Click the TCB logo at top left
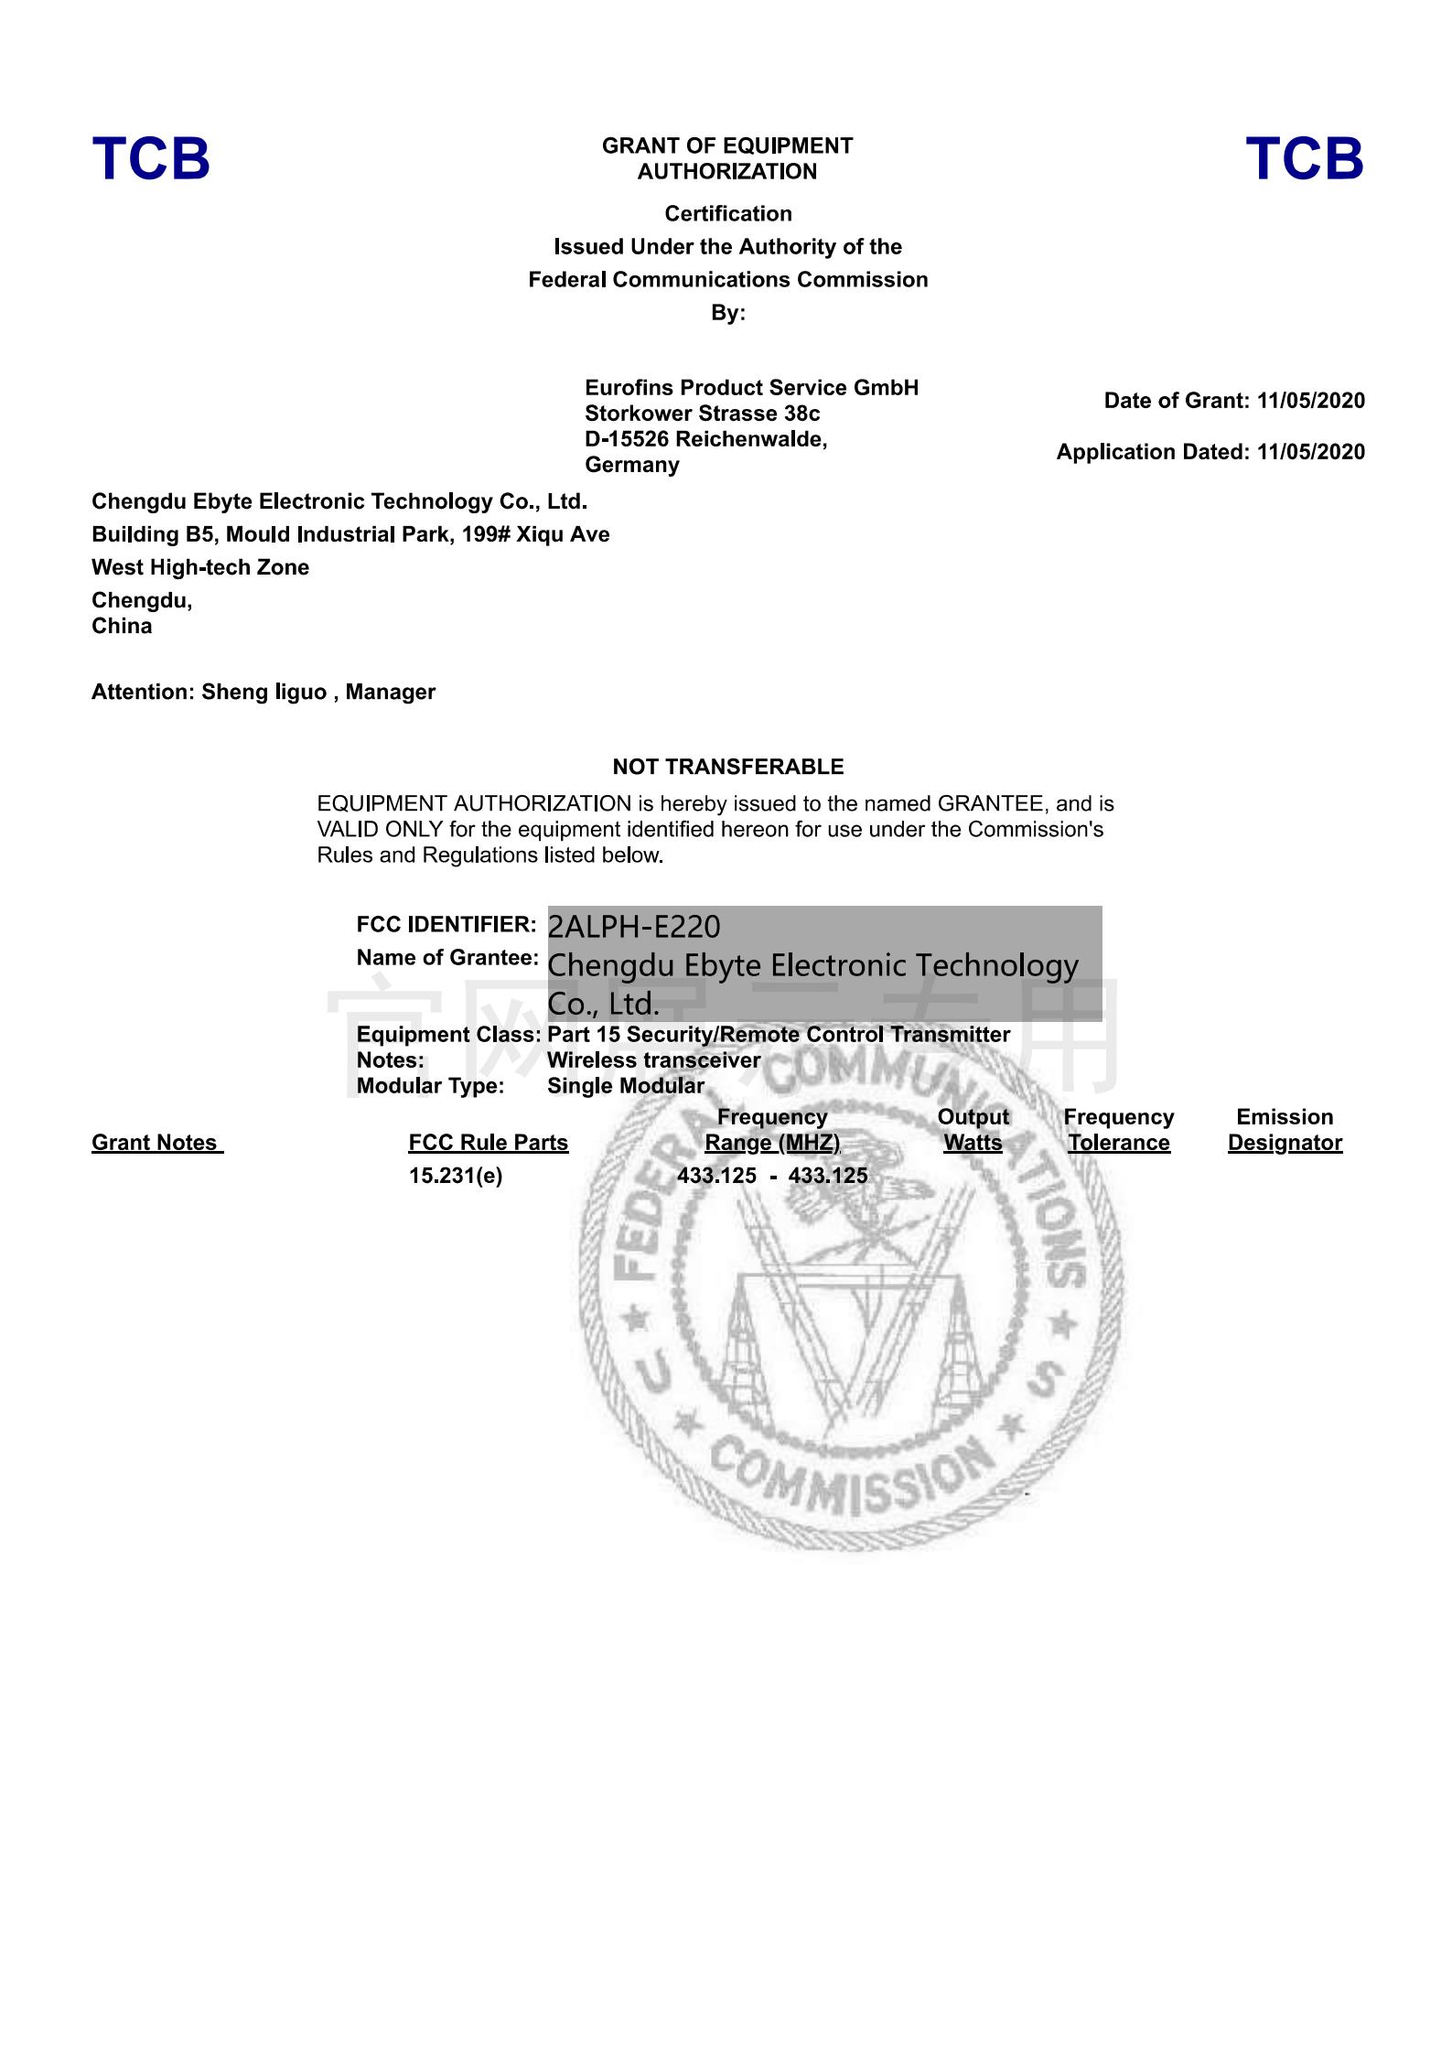pos(151,158)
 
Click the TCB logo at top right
pos(1304,158)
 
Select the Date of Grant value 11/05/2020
pos(1310,401)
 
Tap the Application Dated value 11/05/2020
pos(1310,452)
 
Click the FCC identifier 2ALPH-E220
pos(633,927)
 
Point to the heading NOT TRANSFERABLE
pos(728,767)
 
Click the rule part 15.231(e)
pos(456,1176)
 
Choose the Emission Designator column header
pos(1285,1130)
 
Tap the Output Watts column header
pos(973,1130)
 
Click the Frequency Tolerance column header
pos(1118,1130)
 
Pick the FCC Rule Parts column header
pos(488,1143)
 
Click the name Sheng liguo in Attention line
pos(264,692)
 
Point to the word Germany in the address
pos(632,465)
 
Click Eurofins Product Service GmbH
pos(751,388)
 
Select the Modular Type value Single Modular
pos(626,1086)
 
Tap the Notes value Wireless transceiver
pos(653,1060)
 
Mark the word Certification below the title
pos(728,214)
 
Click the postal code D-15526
pos(627,439)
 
